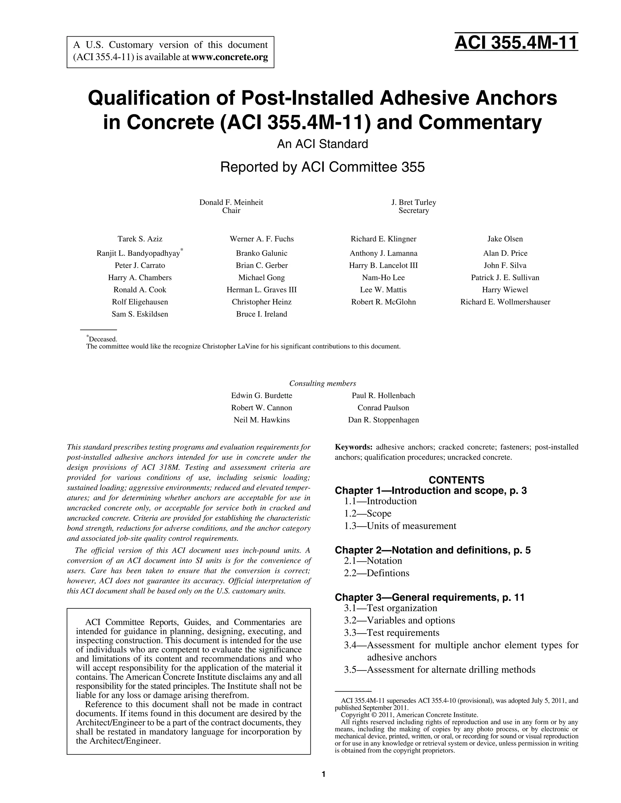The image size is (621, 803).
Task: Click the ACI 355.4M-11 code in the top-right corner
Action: coord(516,43)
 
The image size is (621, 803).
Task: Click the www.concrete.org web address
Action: coord(230,57)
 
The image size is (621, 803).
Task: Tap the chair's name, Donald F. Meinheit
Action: coord(231,202)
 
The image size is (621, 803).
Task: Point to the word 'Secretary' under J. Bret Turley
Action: coord(414,211)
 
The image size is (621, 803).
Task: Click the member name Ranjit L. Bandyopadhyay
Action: coord(138,253)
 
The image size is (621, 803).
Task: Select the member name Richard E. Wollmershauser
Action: coord(505,302)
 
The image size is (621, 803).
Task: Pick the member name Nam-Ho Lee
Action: coord(383,278)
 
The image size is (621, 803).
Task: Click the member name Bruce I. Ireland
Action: coord(262,314)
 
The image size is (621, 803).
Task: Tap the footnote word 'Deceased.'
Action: coord(103,339)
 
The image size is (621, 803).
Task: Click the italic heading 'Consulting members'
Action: coord(322,384)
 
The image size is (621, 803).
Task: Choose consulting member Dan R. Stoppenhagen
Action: coord(383,420)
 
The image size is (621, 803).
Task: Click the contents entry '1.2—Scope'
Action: coord(368,513)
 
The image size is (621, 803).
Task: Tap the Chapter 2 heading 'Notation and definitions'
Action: coord(433,550)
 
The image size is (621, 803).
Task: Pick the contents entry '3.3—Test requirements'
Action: coord(391,632)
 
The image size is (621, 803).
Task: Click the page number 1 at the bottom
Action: coord(323,774)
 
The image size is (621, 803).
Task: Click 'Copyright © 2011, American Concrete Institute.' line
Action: coord(409,715)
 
